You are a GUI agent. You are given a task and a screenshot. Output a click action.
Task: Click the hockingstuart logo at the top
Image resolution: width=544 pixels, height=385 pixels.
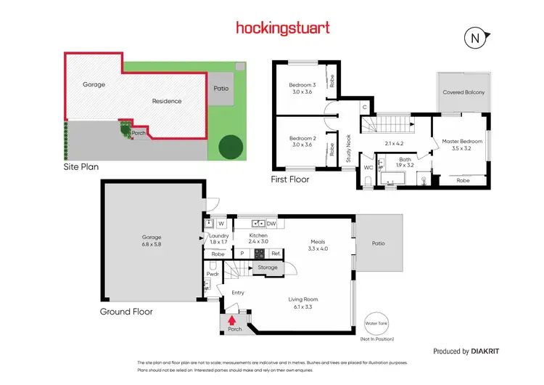point(283,28)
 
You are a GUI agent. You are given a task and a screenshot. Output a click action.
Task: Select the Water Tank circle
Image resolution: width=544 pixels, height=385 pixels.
point(376,324)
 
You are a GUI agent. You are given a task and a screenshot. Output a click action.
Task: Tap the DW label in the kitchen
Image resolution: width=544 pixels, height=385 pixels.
point(271,223)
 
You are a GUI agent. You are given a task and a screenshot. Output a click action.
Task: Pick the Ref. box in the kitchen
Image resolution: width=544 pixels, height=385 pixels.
point(276,254)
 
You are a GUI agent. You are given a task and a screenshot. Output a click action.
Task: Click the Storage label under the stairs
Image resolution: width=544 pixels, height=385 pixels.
point(268,268)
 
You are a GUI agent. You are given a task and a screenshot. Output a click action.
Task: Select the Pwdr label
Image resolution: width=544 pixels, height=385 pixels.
point(213,275)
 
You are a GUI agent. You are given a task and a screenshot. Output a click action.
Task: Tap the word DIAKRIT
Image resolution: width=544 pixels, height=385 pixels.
point(481,351)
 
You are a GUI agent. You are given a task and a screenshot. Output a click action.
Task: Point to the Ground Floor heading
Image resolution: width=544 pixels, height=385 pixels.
point(126,312)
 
